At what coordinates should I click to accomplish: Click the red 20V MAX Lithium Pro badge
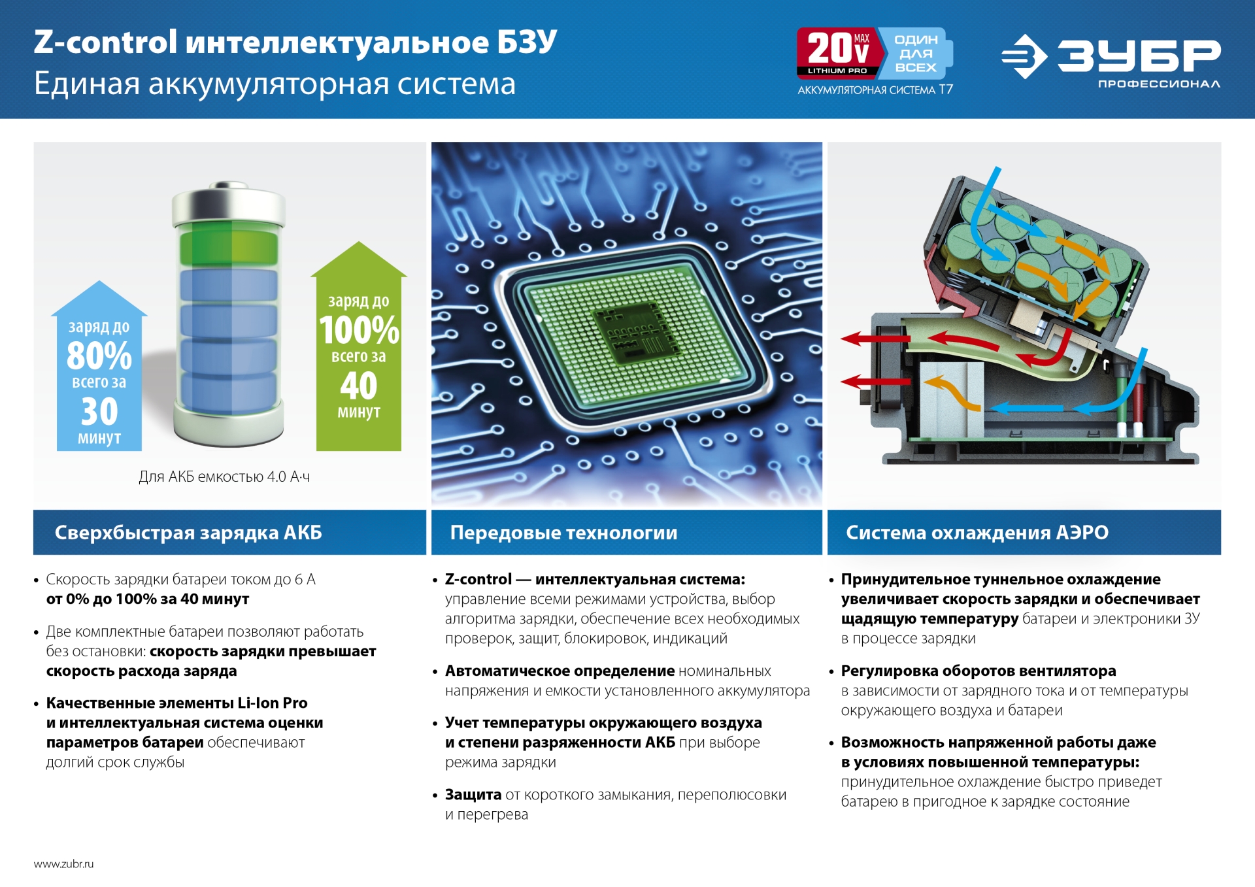point(837,52)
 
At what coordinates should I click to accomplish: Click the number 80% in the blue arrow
point(99,356)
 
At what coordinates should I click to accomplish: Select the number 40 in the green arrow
point(358,386)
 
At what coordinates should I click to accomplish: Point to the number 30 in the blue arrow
point(99,411)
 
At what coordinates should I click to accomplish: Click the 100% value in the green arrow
point(359,330)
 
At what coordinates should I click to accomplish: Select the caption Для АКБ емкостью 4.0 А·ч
point(224,477)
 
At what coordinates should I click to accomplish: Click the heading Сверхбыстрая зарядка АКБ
point(188,533)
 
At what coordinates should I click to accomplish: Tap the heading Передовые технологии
point(563,533)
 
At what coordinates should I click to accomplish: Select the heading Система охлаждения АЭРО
point(977,533)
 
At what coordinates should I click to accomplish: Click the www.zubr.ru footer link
point(63,863)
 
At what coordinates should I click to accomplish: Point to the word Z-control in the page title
point(105,42)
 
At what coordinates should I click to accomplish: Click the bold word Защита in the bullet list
point(473,794)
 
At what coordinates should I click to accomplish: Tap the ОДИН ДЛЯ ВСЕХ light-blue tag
point(916,53)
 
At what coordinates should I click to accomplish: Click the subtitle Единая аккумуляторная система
point(275,84)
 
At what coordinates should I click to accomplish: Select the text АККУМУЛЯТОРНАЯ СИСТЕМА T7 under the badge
point(875,90)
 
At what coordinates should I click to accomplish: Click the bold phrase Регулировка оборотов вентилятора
point(978,671)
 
